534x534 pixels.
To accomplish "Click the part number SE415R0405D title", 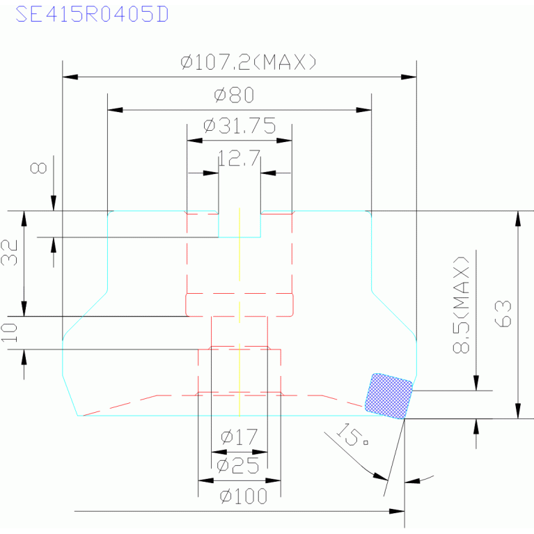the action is click(x=92, y=15).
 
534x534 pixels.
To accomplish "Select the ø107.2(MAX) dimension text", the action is click(x=249, y=63).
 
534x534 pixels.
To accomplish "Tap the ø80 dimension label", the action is click(x=235, y=95).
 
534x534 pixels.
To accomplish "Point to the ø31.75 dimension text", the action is click(x=239, y=125).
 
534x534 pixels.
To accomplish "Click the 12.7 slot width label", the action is click(x=239, y=158).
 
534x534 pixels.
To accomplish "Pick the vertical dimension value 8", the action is click(x=38, y=168).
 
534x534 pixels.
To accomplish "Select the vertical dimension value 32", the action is click(x=9, y=253).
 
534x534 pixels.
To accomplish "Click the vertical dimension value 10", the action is click(x=9, y=332).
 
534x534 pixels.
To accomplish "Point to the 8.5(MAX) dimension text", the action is click(x=461, y=304).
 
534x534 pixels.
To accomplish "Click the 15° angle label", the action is click(x=352, y=434).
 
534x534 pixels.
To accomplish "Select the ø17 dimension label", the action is click(x=239, y=437).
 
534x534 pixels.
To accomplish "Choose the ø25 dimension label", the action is click(x=238, y=466).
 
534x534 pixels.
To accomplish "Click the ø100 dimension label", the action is click(x=244, y=496).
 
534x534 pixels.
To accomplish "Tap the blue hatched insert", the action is click(x=388, y=395).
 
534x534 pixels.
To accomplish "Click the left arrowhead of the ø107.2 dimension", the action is click(x=70, y=77).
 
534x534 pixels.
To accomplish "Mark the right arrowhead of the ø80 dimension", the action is click(x=363, y=110).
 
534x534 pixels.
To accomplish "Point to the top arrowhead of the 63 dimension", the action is click(x=518, y=219).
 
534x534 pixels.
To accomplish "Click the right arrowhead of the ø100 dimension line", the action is click(x=397, y=511).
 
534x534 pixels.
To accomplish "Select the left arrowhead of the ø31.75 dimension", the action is click(x=195, y=141).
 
